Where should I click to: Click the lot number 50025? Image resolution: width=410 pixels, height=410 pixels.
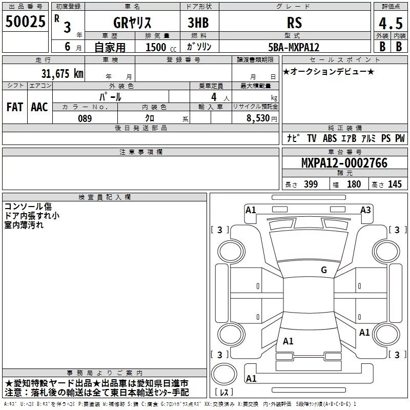(x=26, y=22)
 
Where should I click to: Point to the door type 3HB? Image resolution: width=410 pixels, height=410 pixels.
(x=199, y=23)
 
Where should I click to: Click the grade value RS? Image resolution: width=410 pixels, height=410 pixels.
(x=294, y=23)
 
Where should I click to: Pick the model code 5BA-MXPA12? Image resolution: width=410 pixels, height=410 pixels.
(x=294, y=47)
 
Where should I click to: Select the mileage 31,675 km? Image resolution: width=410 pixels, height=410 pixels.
(x=63, y=73)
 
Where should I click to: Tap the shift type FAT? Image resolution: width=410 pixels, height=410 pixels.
(x=14, y=107)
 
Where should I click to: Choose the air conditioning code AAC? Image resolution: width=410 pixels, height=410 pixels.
(x=39, y=107)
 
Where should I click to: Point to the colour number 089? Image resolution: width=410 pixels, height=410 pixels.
(x=85, y=118)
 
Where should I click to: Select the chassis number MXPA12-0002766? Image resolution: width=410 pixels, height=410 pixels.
(x=344, y=163)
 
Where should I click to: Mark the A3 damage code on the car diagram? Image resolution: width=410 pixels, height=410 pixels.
(x=365, y=210)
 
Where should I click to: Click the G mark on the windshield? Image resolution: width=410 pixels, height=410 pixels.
(x=323, y=270)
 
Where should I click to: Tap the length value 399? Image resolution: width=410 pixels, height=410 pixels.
(x=311, y=184)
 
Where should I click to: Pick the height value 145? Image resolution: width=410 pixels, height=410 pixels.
(x=395, y=184)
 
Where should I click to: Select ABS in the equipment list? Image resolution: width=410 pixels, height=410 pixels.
(x=330, y=138)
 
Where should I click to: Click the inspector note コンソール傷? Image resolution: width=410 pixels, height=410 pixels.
(x=28, y=206)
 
